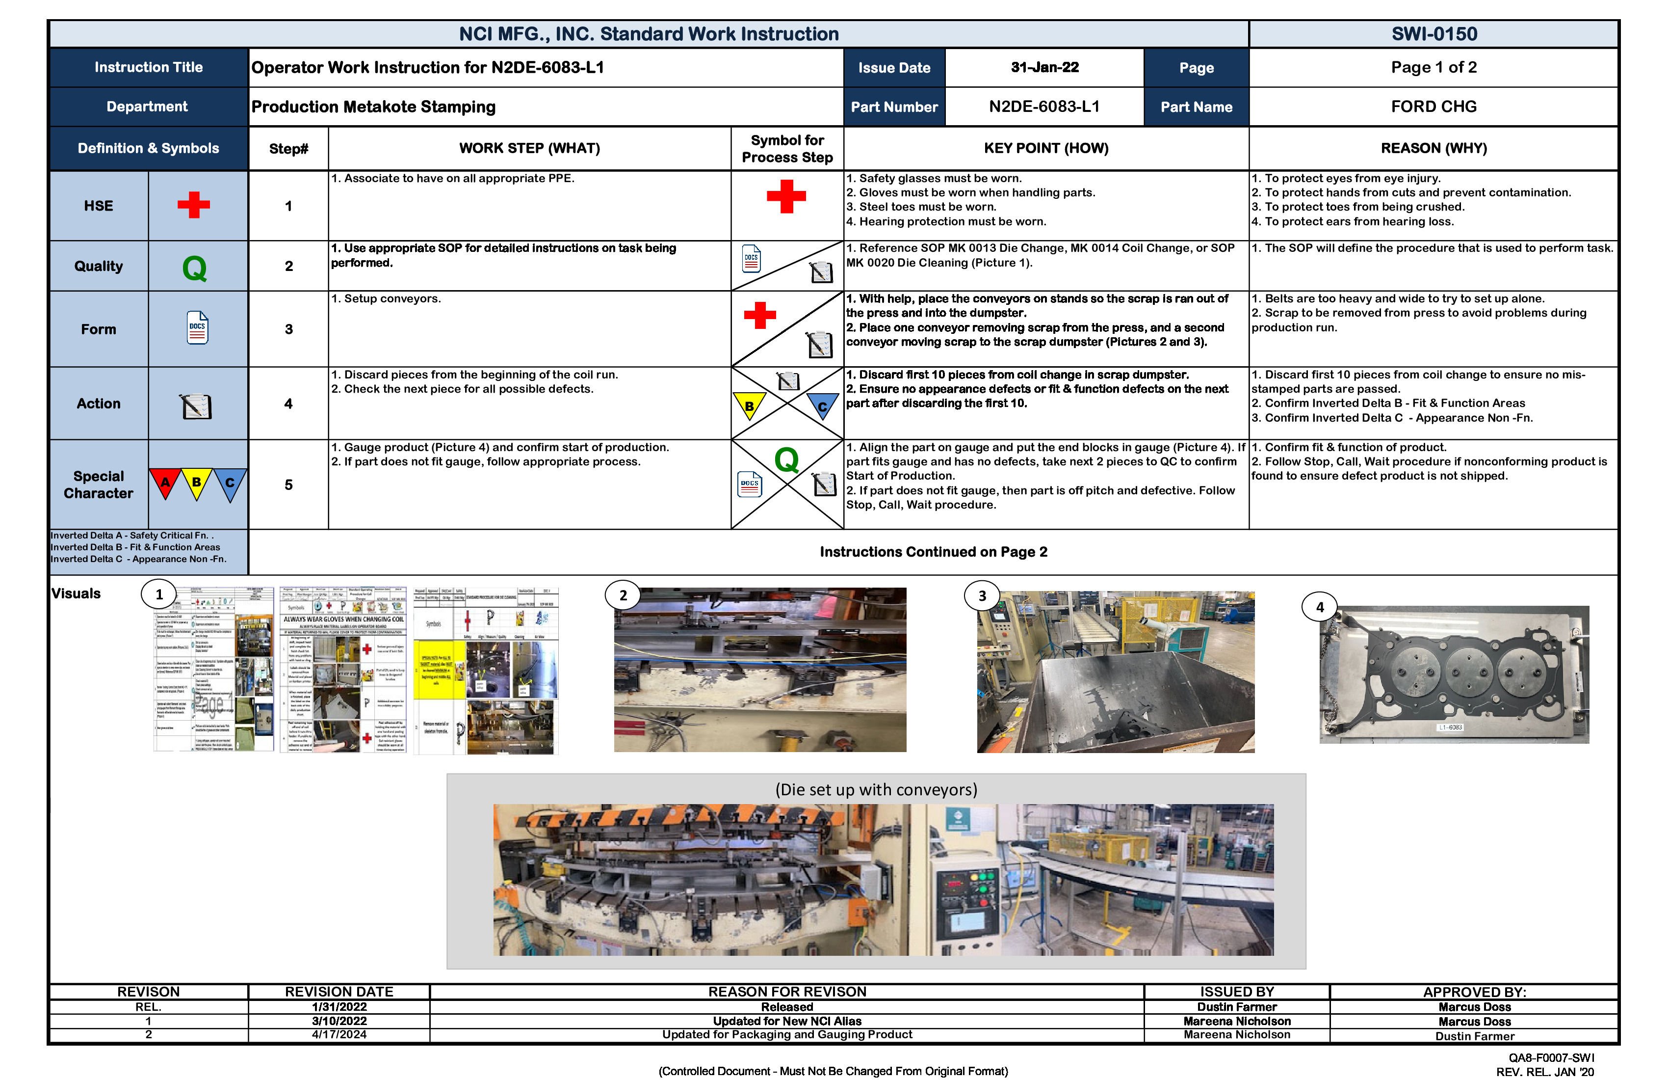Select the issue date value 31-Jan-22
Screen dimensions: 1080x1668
pos(1044,67)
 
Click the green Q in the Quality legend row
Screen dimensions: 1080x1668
pos(194,267)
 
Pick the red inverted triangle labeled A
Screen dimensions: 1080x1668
pos(165,483)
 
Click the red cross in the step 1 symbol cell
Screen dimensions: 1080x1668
pos(785,196)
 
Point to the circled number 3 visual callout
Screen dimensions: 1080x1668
pos(982,596)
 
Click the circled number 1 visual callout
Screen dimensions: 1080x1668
pos(159,594)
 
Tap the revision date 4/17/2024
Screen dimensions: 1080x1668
pos(339,1034)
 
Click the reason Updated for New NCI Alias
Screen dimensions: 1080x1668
pos(786,1021)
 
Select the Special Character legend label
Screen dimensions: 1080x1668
pos(98,485)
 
